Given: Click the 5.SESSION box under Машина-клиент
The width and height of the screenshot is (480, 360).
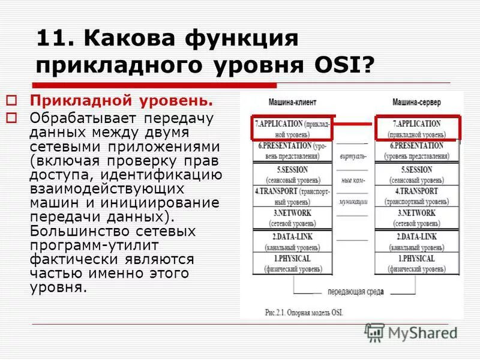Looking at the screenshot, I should pyautogui.click(x=292, y=175).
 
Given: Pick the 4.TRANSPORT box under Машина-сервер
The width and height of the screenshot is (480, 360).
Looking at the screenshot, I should pyautogui.click(x=418, y=196).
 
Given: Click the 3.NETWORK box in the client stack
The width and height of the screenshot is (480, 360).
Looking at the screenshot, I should pyautogui.click(x=292, y=218).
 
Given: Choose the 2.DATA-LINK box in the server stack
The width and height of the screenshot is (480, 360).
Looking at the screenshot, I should pyautogui.click(x=418, y=242).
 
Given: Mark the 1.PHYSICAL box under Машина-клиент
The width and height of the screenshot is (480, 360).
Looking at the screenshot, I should pyautogui.click(x=292, y=263).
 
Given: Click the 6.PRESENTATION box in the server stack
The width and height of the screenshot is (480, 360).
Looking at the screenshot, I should pyautogui.click(x=418, y=151).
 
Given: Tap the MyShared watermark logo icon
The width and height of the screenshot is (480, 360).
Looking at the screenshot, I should pyautogui.click(x=374, y=332).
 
